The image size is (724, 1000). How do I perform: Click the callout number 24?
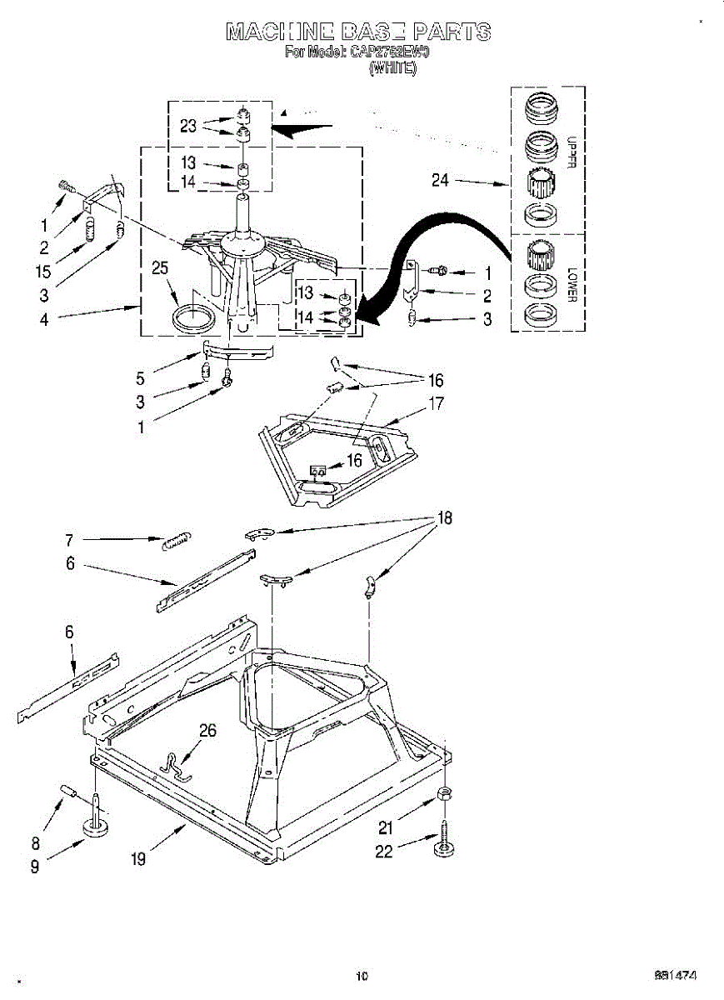(x=442, y=179)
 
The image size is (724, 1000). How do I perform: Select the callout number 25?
(x=161, y=268)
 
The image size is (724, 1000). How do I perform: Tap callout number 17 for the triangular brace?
(x=436, y=404)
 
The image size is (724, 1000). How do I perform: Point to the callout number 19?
(x=138, y=859)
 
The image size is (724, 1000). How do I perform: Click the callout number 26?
(x=207, y=731)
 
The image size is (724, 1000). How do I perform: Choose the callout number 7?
(x=70, y=539)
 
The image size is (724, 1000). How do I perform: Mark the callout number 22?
(x=383, y=852)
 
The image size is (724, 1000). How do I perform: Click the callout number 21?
(x=384, y=827)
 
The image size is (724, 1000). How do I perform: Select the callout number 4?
(x=44, y=318)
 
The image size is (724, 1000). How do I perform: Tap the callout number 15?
(x=44, y=271)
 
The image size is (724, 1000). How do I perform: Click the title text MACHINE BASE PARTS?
(x=358, y=32)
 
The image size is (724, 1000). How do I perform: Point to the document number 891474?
(x=675, y=975)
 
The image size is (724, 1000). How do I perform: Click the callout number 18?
(x=445, y=518)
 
